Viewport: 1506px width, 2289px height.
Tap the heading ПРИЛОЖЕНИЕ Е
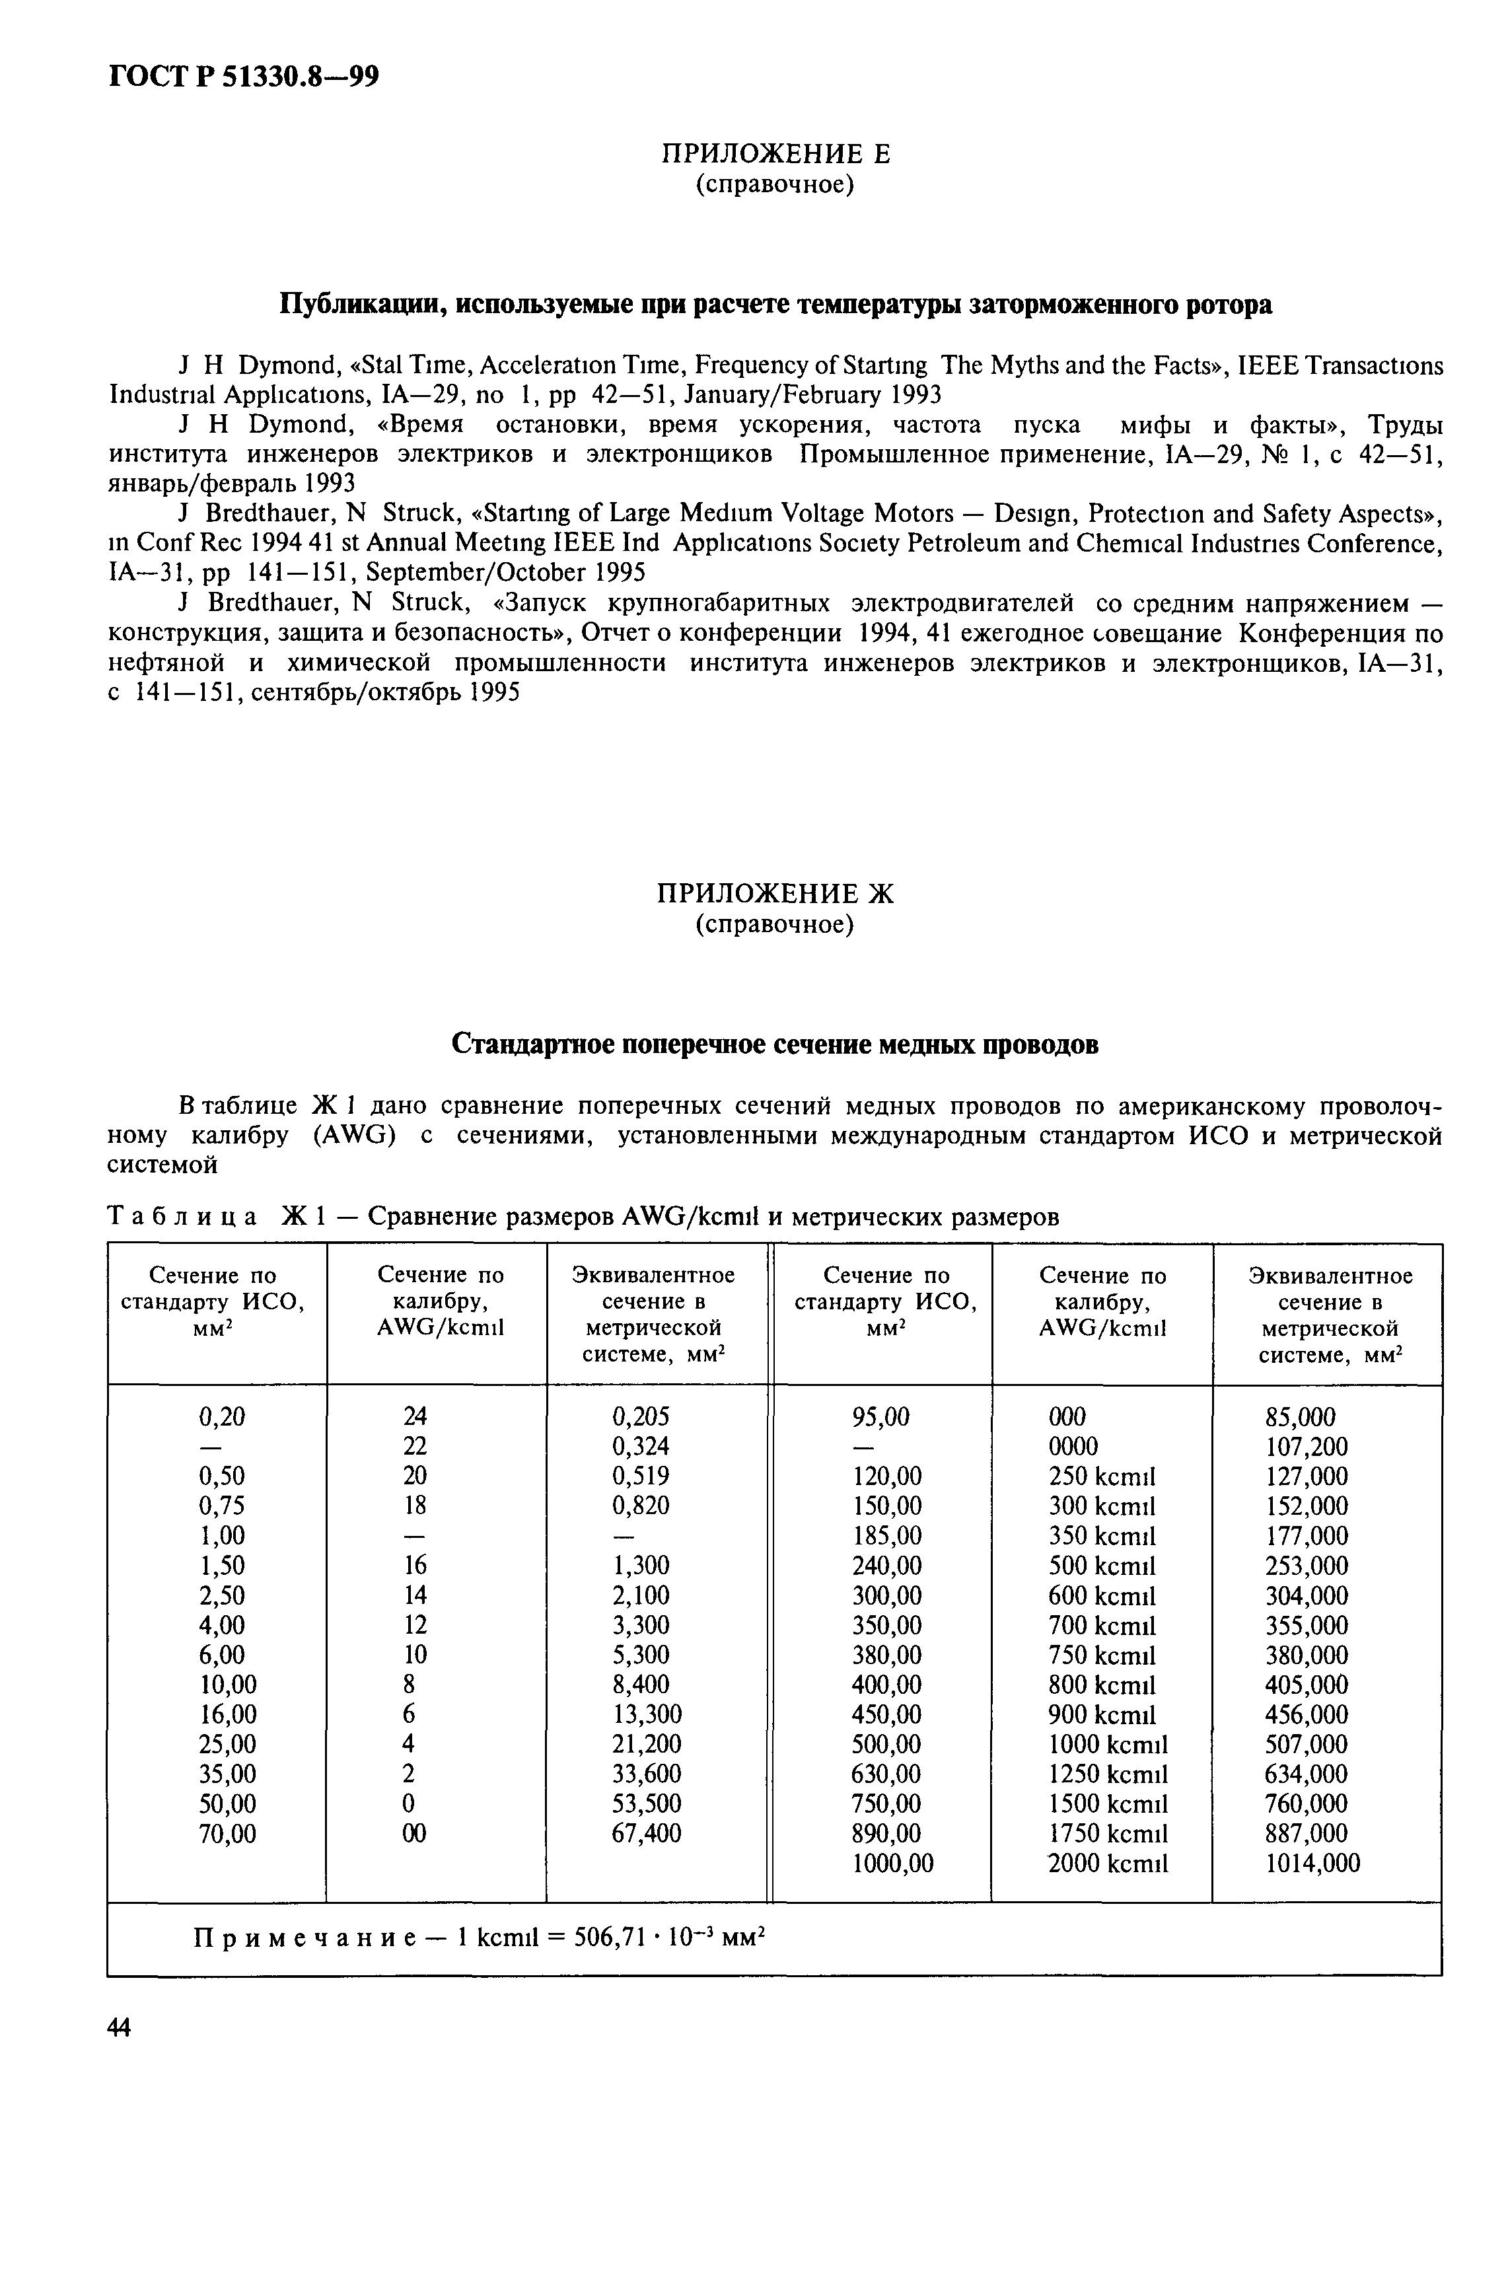point(775,154)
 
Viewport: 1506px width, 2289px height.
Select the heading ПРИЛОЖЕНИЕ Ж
point(775,894)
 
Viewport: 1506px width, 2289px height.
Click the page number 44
point(120,2027)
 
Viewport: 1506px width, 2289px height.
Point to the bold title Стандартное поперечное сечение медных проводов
point(775,1044)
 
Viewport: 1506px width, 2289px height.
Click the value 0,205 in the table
point(641,1417)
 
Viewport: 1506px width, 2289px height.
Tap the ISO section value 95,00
point(881,1417)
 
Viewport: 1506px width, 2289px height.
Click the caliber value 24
point(415,1417)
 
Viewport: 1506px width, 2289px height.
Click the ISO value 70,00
point(227,1833)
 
